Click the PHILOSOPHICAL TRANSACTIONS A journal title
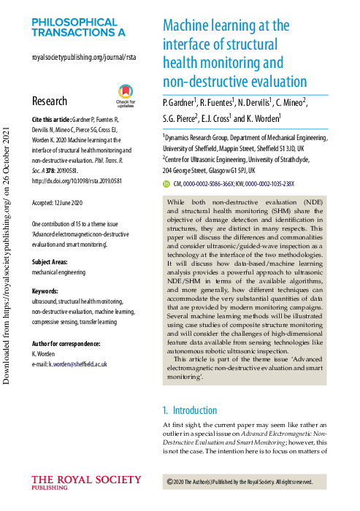(x=78, y=28)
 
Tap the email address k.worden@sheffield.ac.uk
(x=77, y=363)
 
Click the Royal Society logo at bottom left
(x=86, y=484)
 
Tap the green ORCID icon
(x=166, y=184)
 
